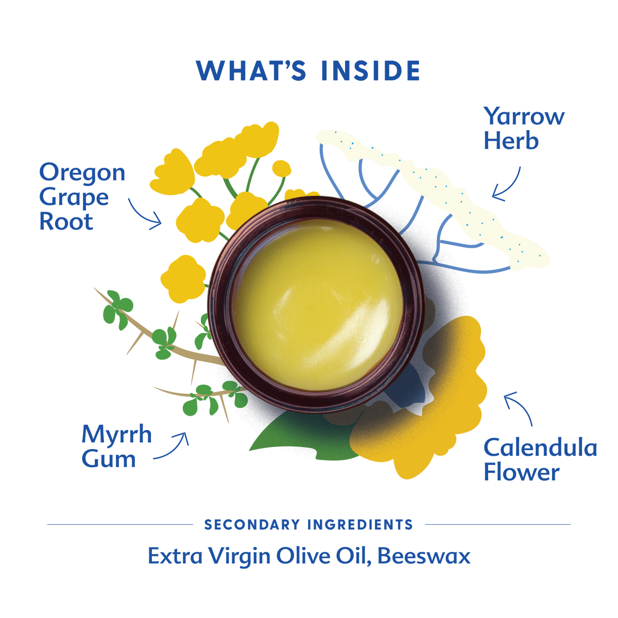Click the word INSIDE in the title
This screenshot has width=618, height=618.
pyautogui.click(x=371, y=71)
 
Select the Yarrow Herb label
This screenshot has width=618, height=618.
pyautogui.click(x=524, y=128)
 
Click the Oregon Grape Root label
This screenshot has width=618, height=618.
pyautogui.click(x=82, y=196)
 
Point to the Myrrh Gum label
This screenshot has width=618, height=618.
pyautogui.click(x=116, y=447)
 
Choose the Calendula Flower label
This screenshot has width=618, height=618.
pyautogui.click(x=540, y=460)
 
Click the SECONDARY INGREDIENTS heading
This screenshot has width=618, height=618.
pyautogui.click(x=308, y=525)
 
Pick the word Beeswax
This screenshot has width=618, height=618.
pyautogui.click(x=424, y=556)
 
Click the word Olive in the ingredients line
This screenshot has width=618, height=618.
pyautogui.click(x=303, y=556)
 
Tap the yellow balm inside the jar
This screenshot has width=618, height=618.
pyautogui.click(x=318, y=305)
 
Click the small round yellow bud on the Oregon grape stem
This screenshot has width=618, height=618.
pyautogui.click(x=281, y=169)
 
